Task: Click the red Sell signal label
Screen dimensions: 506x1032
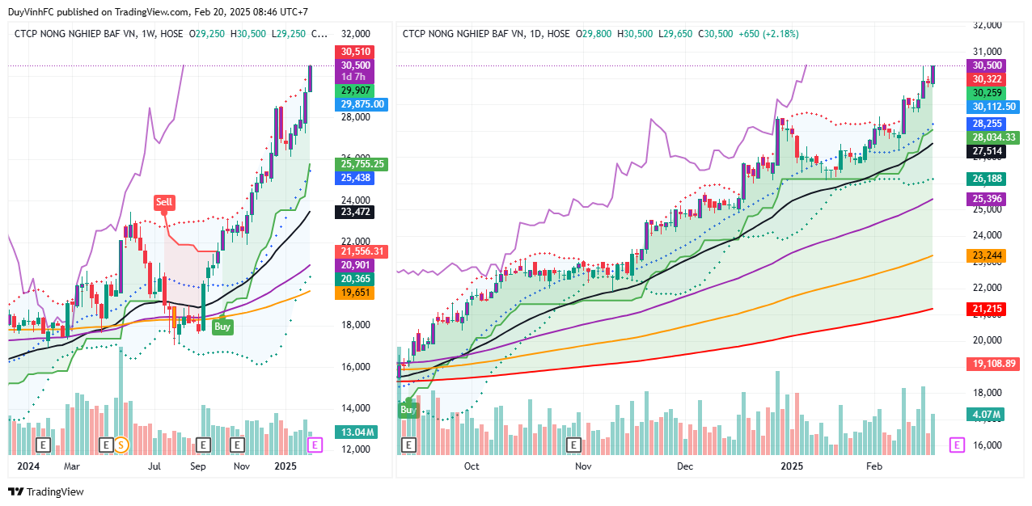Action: (x=164, y=201)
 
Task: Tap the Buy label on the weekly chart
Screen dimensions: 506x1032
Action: (x=223, y=327)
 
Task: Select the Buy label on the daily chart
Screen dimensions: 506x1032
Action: (x=408, y=410)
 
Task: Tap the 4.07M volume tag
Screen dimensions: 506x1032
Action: (x=987, y=415)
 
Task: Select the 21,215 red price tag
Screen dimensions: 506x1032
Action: (x=988, y=309)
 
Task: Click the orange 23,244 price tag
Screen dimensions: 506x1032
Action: (x=988, y=255)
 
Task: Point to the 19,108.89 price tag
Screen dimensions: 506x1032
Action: (x=994, y=365)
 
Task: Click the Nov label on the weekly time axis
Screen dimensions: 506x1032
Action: (x=241, y=466)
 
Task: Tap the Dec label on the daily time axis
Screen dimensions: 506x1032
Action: (x=685, y=466)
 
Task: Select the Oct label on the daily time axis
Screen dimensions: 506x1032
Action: (x=472, y=466)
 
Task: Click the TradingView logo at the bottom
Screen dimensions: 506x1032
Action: (x=46, y=491)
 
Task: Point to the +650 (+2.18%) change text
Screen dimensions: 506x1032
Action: (x=768, y=34)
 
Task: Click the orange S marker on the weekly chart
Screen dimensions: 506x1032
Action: (x=121, y=445)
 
